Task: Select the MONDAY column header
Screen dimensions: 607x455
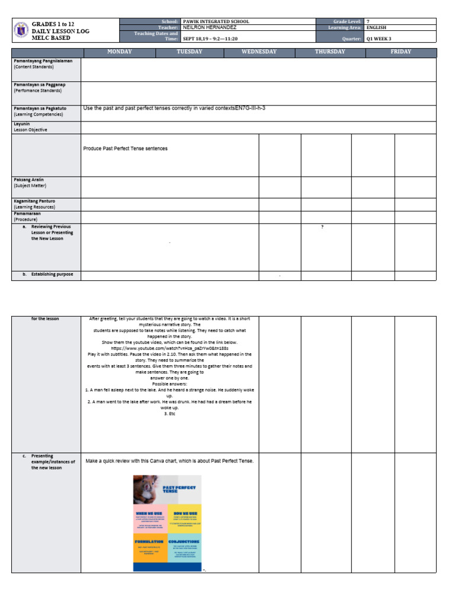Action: point(119,52)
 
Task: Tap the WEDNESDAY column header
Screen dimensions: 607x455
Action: point(259,52)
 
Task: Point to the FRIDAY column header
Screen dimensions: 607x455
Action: point(401,52)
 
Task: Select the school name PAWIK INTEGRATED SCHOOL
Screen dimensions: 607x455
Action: point(216,21)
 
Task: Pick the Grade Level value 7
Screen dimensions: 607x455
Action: point(368,21)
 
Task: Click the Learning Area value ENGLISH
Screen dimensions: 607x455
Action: point(377,27)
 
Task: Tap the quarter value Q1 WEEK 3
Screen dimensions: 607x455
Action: point(379,39)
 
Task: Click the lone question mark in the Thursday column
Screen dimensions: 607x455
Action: point(322,227)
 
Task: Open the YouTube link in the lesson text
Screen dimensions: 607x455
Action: point(169,349)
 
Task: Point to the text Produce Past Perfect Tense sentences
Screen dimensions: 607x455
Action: point(125,149)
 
